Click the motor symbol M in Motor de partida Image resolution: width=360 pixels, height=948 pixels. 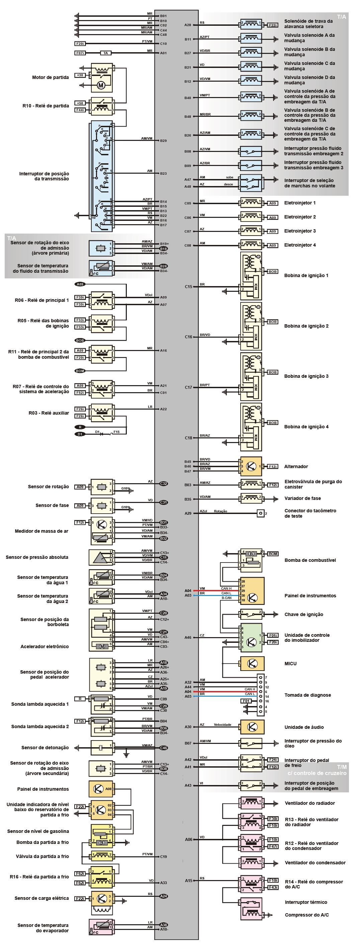(101, 85)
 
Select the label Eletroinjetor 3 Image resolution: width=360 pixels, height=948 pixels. (300, 231)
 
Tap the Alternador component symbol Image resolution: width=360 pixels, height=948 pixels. (251, 466)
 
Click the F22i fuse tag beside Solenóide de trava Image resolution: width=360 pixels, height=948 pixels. (272, 25)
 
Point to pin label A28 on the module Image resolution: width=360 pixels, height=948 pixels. (188, 25)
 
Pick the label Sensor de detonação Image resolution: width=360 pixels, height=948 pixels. (45, 748)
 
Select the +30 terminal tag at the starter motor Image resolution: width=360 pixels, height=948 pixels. (80, 75)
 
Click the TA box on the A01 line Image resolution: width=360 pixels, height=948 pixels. (106, 53)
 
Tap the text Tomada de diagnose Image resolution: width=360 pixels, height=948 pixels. (307, 695)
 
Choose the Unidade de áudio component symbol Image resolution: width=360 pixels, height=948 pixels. (251, 727)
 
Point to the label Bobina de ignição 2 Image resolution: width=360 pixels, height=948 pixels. (306, 326)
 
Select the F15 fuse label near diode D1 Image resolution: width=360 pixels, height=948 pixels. (116, 432)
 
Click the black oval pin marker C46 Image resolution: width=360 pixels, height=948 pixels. (163, 748)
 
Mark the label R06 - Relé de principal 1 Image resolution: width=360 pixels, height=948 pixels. (41, 300)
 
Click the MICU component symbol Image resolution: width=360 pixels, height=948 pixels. (251, 664)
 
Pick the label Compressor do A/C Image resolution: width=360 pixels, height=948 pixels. (306, 915)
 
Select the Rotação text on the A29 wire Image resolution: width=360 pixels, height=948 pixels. (220, 511)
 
